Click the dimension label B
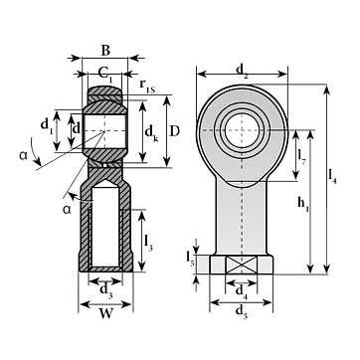point(105,51)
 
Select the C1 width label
point(105,74)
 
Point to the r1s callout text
point(146,86)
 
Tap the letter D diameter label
point(174,131)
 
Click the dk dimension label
point(151,133)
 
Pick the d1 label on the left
point(47,125)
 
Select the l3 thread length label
point(148,244)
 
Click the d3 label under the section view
point(106,290)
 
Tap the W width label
point(105,314)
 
